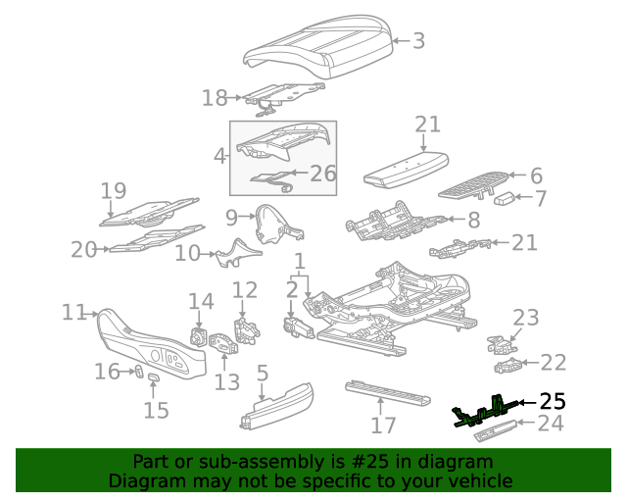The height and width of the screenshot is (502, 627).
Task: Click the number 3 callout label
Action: (418, 40)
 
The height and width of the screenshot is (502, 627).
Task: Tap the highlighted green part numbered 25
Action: (487, 410)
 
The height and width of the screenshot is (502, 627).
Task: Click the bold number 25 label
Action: (553, 401)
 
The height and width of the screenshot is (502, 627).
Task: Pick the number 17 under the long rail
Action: (383, 426)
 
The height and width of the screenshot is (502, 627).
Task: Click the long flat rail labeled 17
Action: (388, 394)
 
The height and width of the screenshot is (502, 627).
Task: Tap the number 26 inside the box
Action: (322, 174)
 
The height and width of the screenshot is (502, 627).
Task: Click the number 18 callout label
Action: (215, 97)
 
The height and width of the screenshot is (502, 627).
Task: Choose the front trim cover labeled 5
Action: (276, 405)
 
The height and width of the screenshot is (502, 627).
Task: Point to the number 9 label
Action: (231, 216)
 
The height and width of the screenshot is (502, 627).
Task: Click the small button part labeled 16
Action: (139, 371)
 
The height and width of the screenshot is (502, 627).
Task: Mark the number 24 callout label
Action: (552, 424)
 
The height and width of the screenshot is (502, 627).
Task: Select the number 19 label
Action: (114, 190)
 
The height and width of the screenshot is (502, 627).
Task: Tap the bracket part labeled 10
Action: (235, 253)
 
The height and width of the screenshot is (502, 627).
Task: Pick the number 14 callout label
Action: (201, 301)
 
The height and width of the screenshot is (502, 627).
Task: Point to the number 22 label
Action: (554, 363)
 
